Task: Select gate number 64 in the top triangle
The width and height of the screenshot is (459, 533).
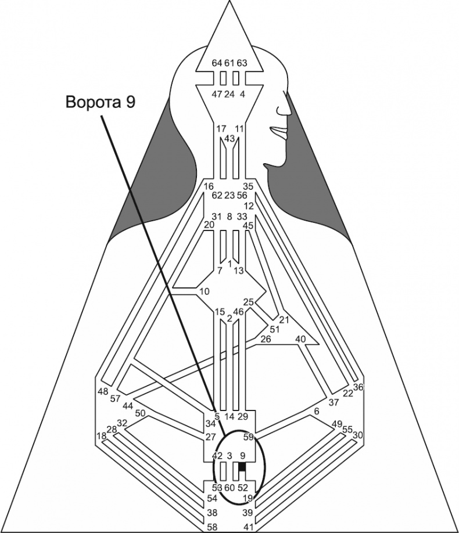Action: point(217,63)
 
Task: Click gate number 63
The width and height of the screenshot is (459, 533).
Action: point(242,63)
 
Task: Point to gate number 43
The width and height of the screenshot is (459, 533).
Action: point(229,138)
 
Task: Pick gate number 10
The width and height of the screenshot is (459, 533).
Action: point(204,290)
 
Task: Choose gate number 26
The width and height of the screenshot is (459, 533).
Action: point(266,338)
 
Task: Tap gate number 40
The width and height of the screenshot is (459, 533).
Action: point(300,338)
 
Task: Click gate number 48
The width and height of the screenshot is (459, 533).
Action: point(103,391)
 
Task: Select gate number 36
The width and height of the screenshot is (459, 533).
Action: point(358,387)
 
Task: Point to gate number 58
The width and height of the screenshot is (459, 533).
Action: point(213,527)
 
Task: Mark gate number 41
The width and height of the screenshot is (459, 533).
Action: point(248,527)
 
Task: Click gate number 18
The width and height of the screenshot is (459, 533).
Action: point(102,435)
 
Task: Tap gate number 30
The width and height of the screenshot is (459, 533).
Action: point(358,435)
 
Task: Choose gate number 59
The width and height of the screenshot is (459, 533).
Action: point(249,436)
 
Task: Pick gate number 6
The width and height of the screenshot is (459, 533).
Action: point(316,411)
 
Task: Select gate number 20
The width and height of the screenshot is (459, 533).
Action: point(209,224)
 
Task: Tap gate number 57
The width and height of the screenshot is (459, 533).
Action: point(116,398)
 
